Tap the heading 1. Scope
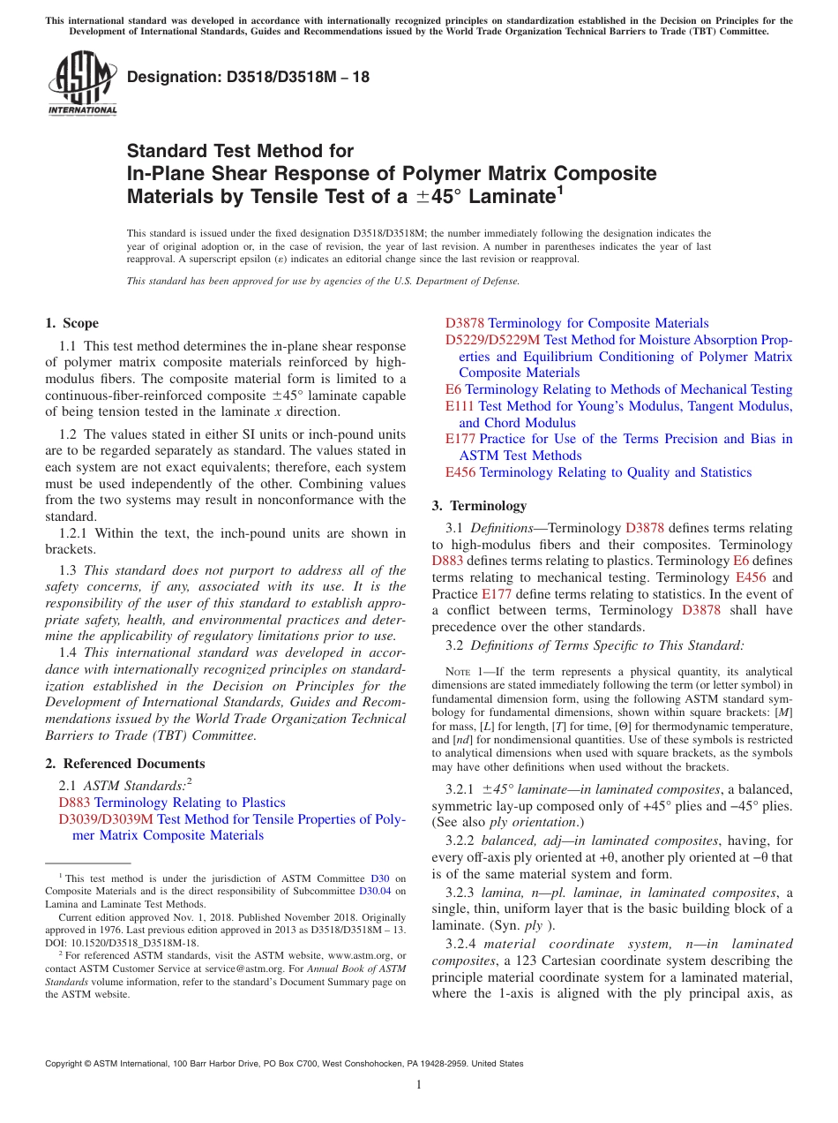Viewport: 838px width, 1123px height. click(x=71, y=323)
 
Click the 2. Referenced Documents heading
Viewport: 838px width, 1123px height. click(x=124, y=764)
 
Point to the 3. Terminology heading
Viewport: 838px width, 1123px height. click(x=479, y=506)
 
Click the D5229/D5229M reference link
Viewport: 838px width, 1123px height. click(x=492, y=340)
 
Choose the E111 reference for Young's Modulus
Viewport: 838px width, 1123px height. click(x=460, y=406)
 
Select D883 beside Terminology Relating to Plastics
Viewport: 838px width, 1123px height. click(x=74, y=803)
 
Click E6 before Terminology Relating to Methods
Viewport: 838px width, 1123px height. click(x=453, y=389)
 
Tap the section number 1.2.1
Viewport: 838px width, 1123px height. click(x=74, y=533)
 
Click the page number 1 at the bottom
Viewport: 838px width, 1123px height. click(x=419, y=1084)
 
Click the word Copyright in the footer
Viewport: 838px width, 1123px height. click(x=65, y=1064)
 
